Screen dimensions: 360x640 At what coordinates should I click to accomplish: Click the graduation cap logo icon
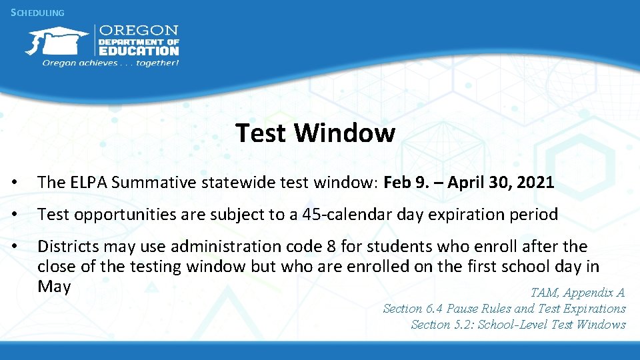tap(57, 41)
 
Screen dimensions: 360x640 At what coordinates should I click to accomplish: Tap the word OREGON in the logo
tap(139, 31)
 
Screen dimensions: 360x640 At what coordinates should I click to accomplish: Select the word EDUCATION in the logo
tap(139, 50)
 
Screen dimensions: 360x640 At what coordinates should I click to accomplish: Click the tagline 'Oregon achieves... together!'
tap(111, 63)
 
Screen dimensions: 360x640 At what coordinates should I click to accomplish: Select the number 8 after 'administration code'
tap(331, 247)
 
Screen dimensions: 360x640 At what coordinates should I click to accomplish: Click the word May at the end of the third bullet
tap(54, 286)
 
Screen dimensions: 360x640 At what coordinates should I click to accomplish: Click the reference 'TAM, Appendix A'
tap(577, 292)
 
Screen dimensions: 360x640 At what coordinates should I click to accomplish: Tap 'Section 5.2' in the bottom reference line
tap(441, 325)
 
